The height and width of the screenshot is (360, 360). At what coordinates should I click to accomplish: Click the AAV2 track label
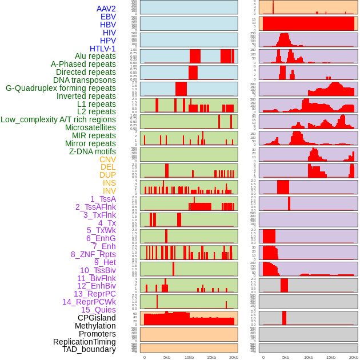click(106, 9)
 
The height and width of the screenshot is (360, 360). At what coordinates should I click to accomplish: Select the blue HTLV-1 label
click(102, 49)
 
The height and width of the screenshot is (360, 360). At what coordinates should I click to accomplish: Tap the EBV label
click(108, 17)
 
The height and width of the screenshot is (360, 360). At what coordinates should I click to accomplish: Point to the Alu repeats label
click(95, 56)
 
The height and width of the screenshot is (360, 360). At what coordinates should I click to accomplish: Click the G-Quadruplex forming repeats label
click(61, 88)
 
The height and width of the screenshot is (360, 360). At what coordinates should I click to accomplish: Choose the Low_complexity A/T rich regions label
click(58, 119)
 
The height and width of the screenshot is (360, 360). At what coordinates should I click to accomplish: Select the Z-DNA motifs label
click(92, 151)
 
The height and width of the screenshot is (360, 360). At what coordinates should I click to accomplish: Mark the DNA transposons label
click(85, 80)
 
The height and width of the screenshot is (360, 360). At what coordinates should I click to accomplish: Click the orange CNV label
click(107, 159)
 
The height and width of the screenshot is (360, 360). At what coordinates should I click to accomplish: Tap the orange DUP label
click(107, 175)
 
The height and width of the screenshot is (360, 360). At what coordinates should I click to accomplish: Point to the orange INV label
click(109, 191)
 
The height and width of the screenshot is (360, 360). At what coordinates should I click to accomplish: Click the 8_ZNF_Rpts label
click(93, 254)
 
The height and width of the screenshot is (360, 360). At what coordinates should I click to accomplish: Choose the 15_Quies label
click(98, 310)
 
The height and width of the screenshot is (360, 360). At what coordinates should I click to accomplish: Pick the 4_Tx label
click(107, 223)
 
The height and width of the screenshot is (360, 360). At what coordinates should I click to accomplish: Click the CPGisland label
click(97, 318)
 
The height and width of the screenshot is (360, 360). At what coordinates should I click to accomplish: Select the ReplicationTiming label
click(85, 342)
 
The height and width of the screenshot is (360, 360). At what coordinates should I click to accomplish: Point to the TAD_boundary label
click(89, 349)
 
